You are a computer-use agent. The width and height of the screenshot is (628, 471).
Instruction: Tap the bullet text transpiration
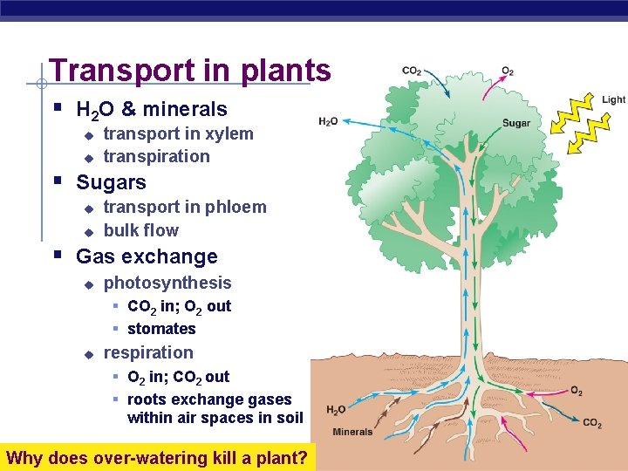click(x=156, y=156)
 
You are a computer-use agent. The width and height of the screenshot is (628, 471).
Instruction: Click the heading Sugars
click(x=111, y=182)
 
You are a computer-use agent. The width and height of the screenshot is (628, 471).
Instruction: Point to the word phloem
click(x=237, y=207)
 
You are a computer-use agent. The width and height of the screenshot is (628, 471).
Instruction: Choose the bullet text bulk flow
click(x=140, y=230)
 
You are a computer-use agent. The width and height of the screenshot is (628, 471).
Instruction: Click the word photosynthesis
click(x=167, y=283)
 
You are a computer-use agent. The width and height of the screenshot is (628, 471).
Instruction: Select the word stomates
click(x=161, y=329)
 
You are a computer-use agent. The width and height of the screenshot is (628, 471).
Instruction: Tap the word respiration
click(x=148, y=352)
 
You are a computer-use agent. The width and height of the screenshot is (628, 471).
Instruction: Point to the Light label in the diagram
click(x=613, y=99)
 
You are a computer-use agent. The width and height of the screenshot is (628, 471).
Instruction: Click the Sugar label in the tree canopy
click(x=516, y=123)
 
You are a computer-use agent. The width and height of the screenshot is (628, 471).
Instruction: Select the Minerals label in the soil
click(x=352, y=432)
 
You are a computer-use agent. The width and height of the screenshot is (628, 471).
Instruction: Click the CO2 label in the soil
click(x=592, y=423)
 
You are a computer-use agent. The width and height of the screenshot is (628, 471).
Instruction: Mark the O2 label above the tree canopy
click(x=508, y=71)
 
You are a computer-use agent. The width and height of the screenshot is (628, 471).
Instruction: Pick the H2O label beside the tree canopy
click(x=329, y=121)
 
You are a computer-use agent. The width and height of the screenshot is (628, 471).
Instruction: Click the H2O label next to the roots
click(x=337, y=410)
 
